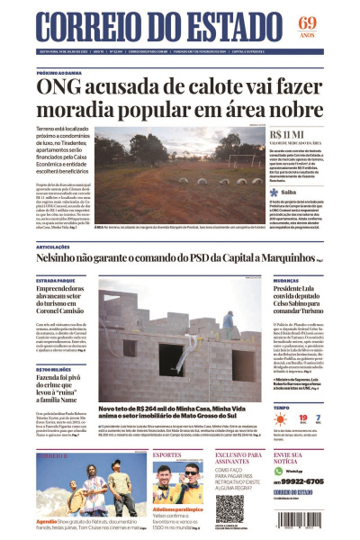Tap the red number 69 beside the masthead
[x=307, y=22]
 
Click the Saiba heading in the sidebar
[x=288, y=192]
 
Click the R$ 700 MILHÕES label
[x=54, y=369]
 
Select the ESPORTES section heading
[x=169, y=455]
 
